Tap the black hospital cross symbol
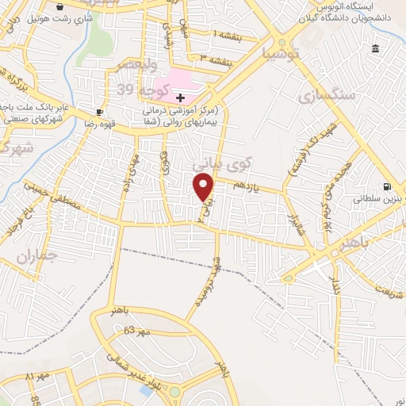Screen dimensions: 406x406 tap(181, 98)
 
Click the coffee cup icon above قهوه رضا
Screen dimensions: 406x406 tap(100, 112)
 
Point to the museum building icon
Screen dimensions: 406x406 tap(374, 50)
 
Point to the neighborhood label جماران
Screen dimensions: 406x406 tap(36, 255)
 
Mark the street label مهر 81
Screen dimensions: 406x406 tap(37, 375)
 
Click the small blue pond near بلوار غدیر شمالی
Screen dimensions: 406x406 tap(146, 389)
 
